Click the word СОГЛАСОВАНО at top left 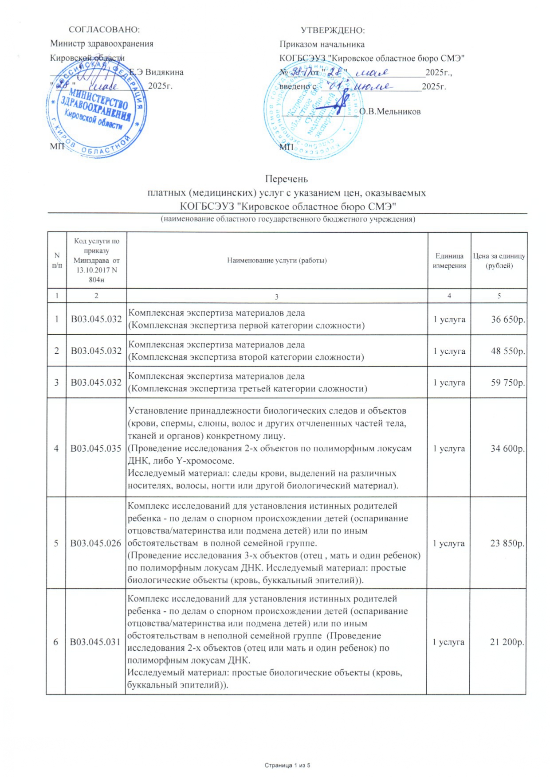coord(104,30)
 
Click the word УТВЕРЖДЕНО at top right coord(333,30)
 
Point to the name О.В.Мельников coord(389,112)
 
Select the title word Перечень coord(286,179)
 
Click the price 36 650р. coord(508,319)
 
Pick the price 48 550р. coord(508,351)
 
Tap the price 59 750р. coord(508,383)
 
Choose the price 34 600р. coord(507,449)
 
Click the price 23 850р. coord(507,543)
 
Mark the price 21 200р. coord(507,642)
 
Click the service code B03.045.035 coord(96,449)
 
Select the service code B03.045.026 coord(96,543)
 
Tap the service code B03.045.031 coord(95,642)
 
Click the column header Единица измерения coord(449,261)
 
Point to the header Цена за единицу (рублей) coord(499,261)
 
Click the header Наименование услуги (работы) coord(277,261)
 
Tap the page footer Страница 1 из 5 coord(287,765)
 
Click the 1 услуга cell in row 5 coord(449,543)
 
